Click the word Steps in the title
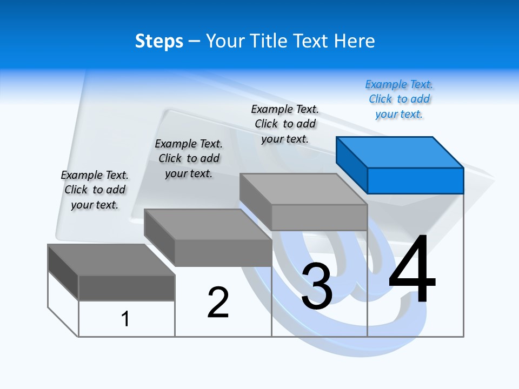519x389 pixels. click(159, 42)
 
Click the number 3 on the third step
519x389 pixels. click(317, 286)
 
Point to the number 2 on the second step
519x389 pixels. click(218, 303)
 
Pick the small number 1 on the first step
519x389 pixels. click(125, 319)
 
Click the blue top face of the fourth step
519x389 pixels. click(400, 152)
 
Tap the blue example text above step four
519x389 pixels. click(399, 99)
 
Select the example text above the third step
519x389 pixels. click(285, 124)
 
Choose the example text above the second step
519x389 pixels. click(189, 159)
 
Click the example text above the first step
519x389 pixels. click(95, 190)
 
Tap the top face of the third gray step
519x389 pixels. click(303, 189)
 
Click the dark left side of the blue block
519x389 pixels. click(352, 164)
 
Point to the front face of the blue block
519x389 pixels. click(415, 180)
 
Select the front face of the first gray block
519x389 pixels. click(127, 287)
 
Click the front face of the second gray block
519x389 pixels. click(223, 253)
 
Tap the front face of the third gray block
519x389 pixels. click(319, 218)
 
